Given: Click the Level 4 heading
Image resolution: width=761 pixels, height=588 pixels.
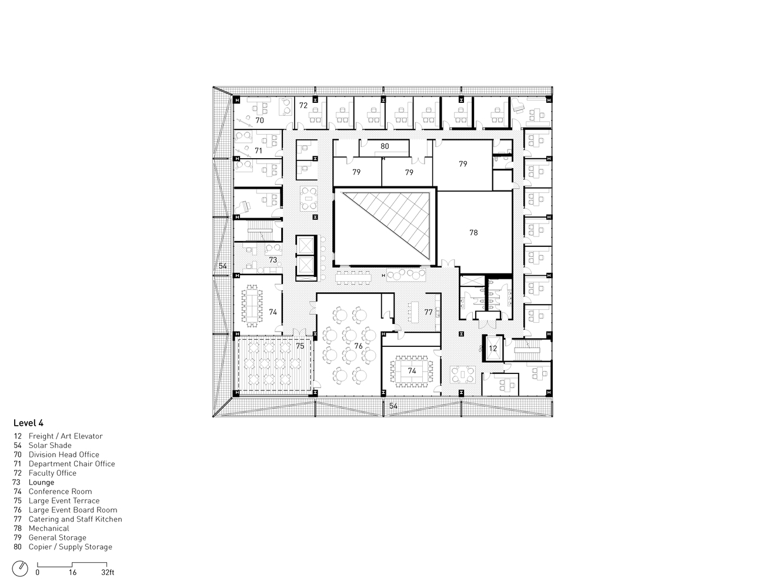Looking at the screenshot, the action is pyautogui.click(x=28, y=423).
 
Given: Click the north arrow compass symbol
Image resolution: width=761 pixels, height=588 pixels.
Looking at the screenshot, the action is pyautogui.click(x=20, y=569).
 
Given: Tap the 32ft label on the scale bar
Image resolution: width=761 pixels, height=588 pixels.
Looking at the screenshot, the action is pyautogui.click(x=108, y=572).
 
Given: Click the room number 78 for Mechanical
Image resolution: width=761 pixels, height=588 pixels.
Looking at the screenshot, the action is pyautogui.click(x=473, y=232).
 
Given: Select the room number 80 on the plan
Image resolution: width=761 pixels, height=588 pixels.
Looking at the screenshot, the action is pyautogui.click(x=385, y=146).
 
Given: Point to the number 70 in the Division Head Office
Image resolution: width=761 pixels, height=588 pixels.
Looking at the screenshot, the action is pyautogui.click(x=259, y=121).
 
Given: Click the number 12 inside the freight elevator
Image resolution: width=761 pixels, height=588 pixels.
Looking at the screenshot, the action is pyautogui.click(x=493, y=348).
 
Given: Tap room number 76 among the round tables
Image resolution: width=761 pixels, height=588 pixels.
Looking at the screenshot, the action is pyautogui.click(x=358, y=346).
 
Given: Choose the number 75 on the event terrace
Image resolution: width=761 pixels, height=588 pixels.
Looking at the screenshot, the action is pyautogui.click(x=300, y=346).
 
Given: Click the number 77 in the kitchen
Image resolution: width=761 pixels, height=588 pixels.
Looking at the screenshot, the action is pyautogui.click(x=428, y=312).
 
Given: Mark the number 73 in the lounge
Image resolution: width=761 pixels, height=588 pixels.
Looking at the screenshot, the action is pyautogui.click(x=273, y=260).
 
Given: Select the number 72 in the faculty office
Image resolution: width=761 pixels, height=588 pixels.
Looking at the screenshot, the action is pyautogui.click(x=303, y=105).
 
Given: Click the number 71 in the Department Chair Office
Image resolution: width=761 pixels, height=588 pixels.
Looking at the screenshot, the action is pyautogui.click(x=258, y=151).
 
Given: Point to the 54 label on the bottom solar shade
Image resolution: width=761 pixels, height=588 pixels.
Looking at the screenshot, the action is pyautogui.click(x=393, y=406).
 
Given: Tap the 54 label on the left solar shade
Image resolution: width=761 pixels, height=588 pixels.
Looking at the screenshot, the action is pyautogui.click(x=223, y=266).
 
